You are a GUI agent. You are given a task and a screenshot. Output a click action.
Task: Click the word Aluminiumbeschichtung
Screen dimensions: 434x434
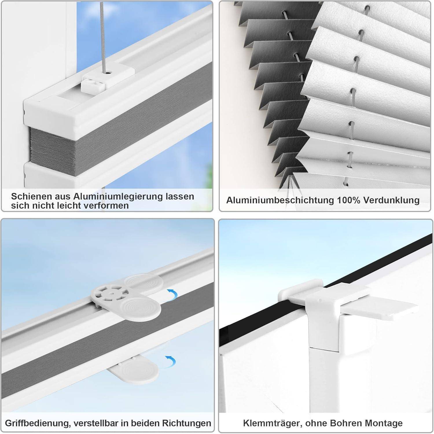pyautogui.click(x=279, y=200)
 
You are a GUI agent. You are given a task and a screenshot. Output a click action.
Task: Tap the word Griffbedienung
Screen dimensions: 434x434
pyautogui.click(x=37, y=423)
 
